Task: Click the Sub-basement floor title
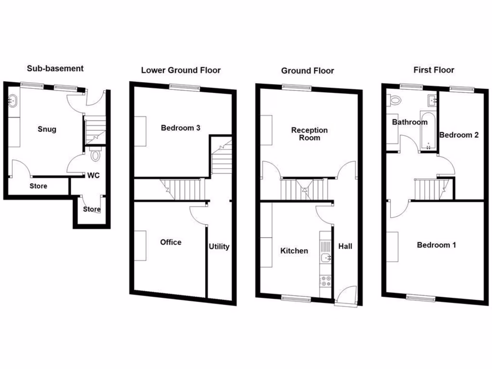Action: (x=55, y=68)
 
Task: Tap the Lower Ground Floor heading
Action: (x=181, y=70)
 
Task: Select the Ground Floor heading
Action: (x=307, y=71)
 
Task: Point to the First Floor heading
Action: (x=433, y=70)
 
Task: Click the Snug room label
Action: (x=47, y=129)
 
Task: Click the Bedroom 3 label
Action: (x=180, y=128)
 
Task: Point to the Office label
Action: (x=171, y=242)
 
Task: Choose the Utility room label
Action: (x=219, y=246)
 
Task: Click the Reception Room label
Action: (x=309, y=134)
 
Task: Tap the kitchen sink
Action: (x=325, y=251)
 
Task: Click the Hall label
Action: (x=345, y=246)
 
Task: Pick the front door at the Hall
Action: (x=346, y=295)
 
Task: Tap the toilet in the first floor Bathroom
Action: (x=395, y=101)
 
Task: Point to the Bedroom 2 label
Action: (x=459, y=135)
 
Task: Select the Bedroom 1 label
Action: (x=436, y=245)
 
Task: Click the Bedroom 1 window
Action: (x=421, y=298)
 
